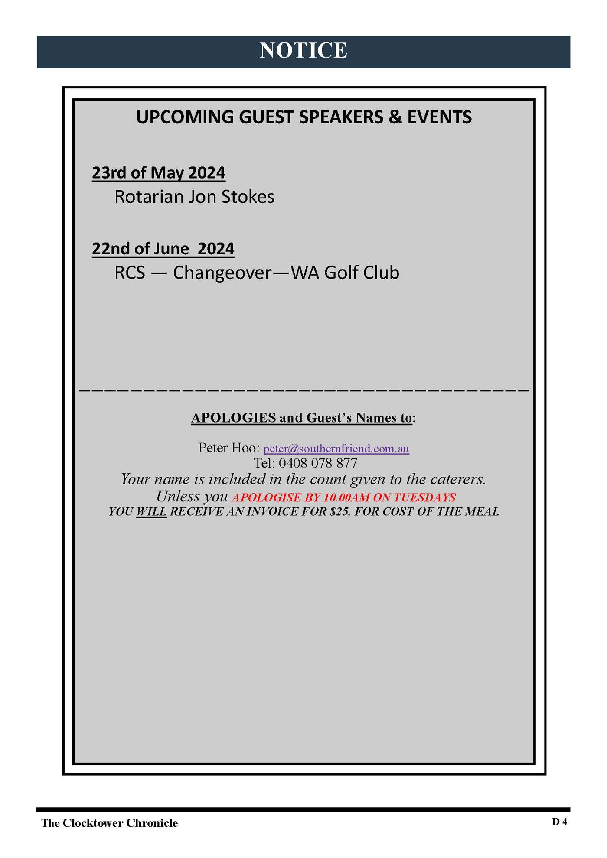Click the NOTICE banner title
coord(303,51)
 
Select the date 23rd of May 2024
coord(158,173)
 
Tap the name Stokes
coord(248,197)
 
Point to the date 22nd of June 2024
coord(163,249)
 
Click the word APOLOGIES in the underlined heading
coord(233,418)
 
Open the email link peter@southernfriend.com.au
coord(336,448)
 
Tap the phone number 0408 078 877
coord(318,463)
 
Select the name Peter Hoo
coord(228,448)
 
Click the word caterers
coord(458,479)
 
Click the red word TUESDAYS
coord(424,497)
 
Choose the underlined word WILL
coord(151,512)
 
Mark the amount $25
coord(339,512)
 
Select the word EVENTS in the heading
coord(439,117)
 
